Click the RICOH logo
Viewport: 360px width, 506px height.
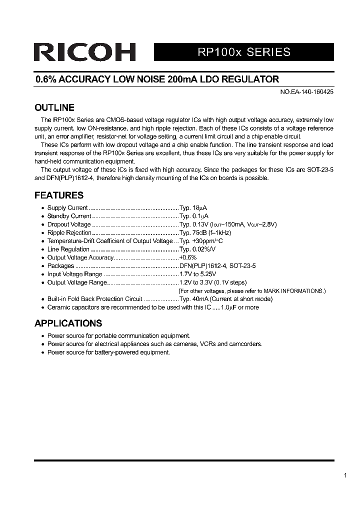(x=84, y=52)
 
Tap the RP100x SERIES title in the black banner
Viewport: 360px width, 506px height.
(x=243, y=52)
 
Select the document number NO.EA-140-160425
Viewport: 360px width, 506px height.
(x=305, y=92)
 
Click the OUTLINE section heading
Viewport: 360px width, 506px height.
(x=54, y=107)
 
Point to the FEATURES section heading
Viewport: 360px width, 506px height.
(x=58, y=195)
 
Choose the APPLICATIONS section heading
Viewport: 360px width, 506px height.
(x=68, y=323)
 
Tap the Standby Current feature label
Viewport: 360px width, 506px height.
(x=69, y=216)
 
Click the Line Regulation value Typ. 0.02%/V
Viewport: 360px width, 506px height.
(x=197, y=249)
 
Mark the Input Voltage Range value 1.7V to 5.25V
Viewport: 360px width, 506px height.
(x=197, y=274)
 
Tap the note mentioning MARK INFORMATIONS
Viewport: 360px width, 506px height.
(x=252, y=290)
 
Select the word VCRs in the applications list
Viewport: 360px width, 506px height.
(x=208, y=344)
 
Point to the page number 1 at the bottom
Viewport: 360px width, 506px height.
(x=345, y=475)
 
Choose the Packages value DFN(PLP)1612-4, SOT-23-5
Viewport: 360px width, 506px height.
(x=217, y=266)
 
